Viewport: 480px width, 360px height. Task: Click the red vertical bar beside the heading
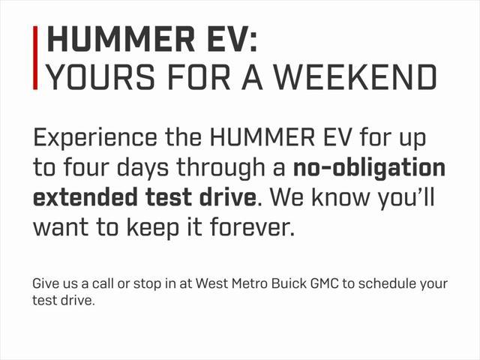pyautogui.click(x=35, y=58)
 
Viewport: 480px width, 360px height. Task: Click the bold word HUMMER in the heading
pyautogui.click(x=121, y=39)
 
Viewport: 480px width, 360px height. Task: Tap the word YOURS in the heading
pyautogui.click(x=101, y=76)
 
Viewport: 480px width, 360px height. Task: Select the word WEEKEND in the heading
pyautogui.click(x=355, y=76)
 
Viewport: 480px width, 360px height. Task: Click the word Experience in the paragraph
pyautogui.click(x=95, y=139)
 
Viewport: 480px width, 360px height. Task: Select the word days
pyautogui.click(x=142, y=168)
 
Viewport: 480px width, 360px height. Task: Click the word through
pyautogui.click(x=221, y=168)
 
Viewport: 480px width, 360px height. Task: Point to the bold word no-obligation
pyautogui.click(x=369, y=168)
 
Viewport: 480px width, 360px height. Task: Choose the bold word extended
pyautogui.click(x=85, y=196)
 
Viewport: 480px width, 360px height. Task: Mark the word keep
pyautogui.click(x=152, y=228)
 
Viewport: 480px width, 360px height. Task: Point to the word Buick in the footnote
pyautogui.click(x=289, y=283)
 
